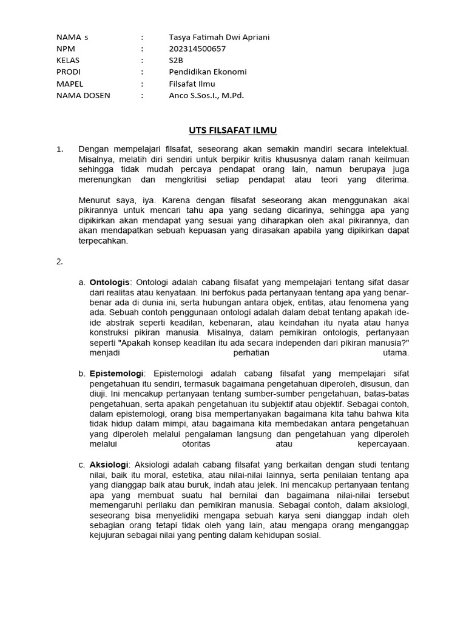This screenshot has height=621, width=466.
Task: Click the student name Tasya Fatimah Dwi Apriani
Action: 219,37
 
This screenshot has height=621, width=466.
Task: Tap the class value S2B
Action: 176,60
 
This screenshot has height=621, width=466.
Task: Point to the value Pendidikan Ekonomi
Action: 208,72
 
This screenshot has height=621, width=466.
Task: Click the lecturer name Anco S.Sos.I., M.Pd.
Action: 206,95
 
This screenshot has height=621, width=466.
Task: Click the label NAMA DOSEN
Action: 83,95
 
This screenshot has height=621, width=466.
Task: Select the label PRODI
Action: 68,72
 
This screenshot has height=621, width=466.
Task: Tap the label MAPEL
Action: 69,84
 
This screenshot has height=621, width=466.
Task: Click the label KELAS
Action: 68,60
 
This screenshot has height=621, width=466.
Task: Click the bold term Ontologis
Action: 110,282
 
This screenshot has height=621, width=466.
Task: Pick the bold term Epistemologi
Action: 116,373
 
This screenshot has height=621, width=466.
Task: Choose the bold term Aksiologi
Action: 110,464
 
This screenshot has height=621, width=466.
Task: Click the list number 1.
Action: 59,148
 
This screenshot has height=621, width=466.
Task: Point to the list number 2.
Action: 59,261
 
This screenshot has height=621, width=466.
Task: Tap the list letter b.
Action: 82,373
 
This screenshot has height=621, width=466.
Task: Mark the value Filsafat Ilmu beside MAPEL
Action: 192,84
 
